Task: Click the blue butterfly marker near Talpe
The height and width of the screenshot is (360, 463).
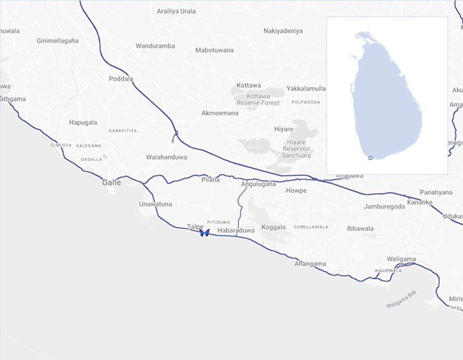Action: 204,233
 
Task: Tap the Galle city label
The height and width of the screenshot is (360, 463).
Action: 112,183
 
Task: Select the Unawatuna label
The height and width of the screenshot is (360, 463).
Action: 155,204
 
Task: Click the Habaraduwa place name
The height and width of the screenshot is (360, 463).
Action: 236,231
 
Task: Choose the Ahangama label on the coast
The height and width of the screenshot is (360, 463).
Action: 310,264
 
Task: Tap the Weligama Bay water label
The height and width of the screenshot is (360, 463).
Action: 401,299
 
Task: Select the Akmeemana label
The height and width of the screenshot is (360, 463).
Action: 220,113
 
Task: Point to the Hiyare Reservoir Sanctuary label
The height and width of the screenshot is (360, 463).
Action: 296,149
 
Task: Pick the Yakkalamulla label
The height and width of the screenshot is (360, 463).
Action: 306,88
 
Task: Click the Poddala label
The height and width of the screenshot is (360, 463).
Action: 121,79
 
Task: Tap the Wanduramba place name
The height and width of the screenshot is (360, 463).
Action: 155,46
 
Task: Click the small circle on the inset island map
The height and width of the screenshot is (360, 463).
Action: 370,158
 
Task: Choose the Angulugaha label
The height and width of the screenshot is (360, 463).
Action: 258,184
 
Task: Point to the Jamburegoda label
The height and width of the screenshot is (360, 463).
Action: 384,207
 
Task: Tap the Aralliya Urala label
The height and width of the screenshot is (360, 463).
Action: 176,11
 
